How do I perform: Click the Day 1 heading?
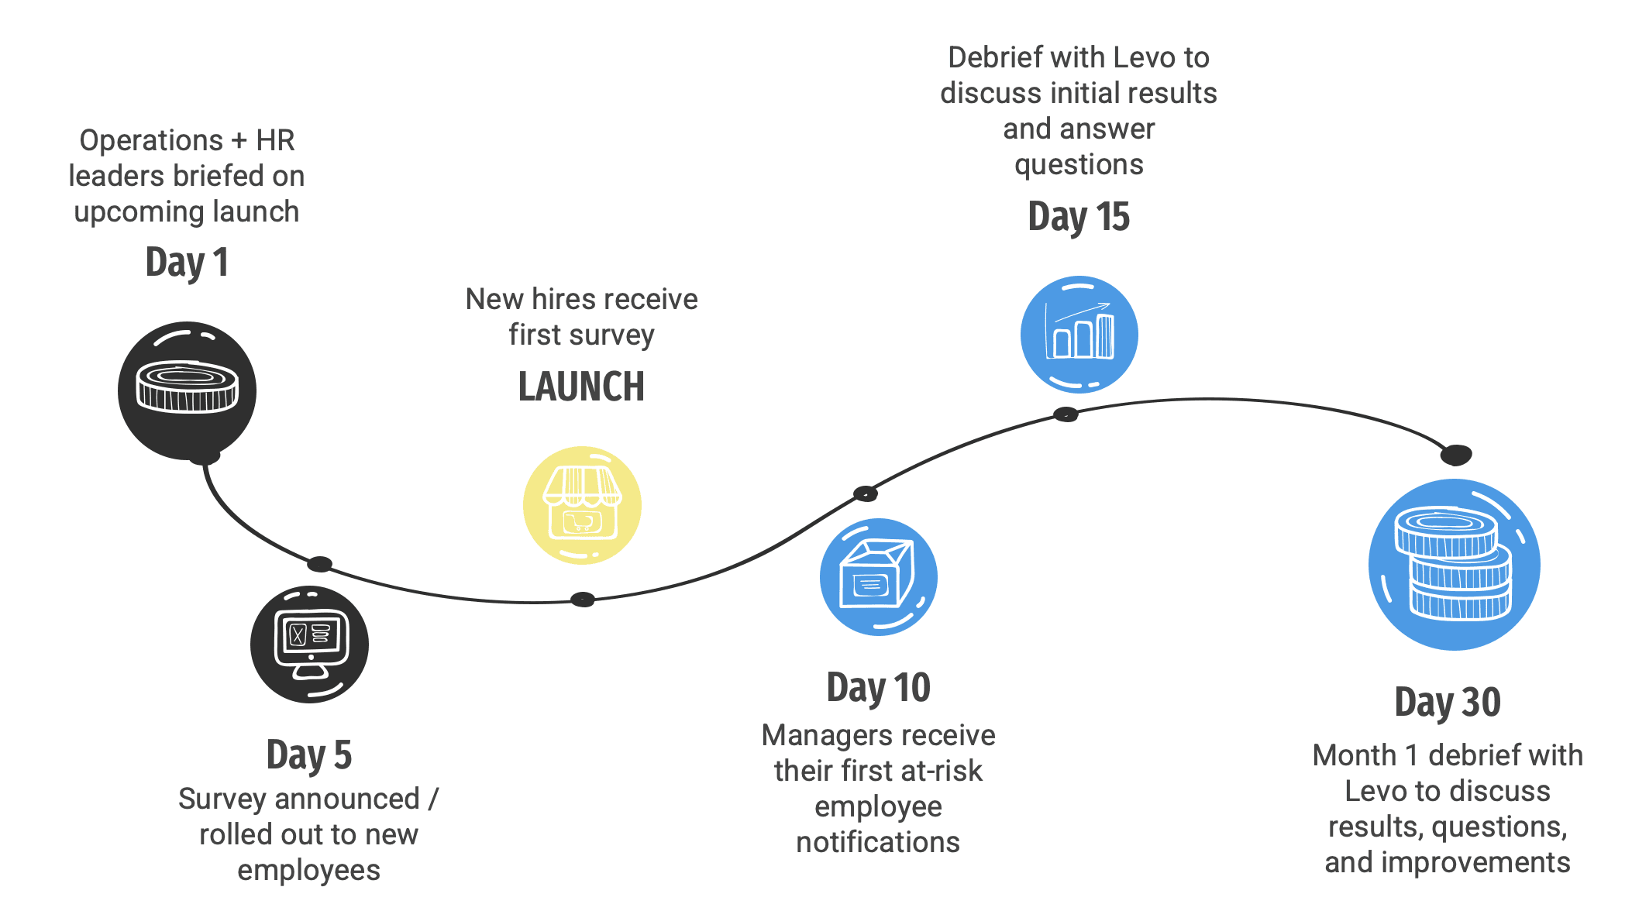tap(187, 263)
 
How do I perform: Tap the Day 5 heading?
tap(308, 755)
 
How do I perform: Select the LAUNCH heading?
tap(581, 387)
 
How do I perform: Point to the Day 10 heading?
tap(878, 688)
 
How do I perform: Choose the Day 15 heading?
tap(1079, 217)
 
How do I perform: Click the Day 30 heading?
tap(1448, 703)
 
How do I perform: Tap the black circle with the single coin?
tap(187, 390)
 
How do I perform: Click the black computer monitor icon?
tap(309, 645)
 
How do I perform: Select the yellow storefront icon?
tap(582, 505)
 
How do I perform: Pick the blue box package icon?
tap(879, 577)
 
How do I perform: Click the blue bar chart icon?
tap(1079, 335)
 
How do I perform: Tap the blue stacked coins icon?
tap(1454, 565)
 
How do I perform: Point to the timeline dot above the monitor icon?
tap(319, 564)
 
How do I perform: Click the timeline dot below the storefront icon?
tap(583, 599)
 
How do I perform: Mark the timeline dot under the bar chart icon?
tap(1066, 414)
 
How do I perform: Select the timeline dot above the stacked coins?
tap(1456, 455)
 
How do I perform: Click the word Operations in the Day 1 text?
tap(151, 141)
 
